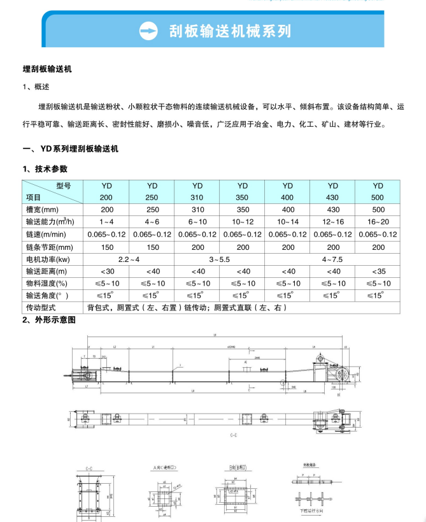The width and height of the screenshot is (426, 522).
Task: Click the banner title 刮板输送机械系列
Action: pos(229,31)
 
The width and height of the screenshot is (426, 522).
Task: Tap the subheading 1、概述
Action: pos(36,87)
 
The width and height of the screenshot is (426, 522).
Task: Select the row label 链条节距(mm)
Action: pos(50,247)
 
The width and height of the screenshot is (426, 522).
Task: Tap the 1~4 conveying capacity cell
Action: pos(106,222)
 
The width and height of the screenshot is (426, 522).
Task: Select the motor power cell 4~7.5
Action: pos(332,259)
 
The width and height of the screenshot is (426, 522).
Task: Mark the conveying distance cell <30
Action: pos(106,271)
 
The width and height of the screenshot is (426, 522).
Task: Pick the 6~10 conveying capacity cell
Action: pos(197,222)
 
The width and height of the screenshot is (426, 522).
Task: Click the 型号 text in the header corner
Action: pos(64,185)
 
